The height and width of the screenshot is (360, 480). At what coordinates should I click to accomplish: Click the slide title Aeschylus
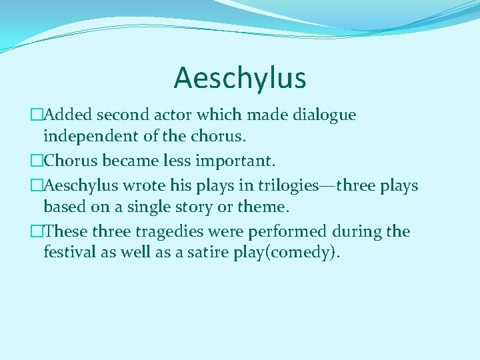coord(240,78)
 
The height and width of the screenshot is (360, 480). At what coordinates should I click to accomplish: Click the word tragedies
coord(165,231)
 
